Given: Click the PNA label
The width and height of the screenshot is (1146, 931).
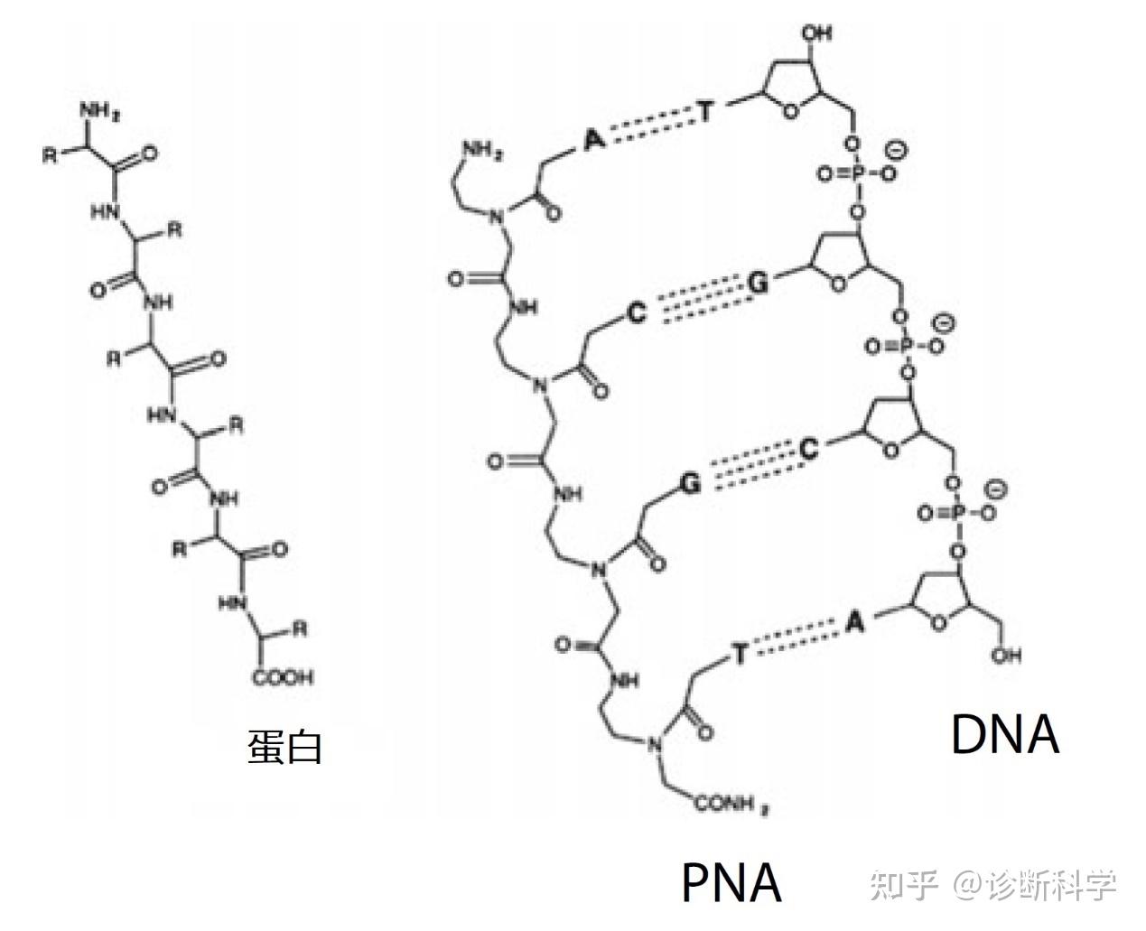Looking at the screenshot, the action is tap(731, 882).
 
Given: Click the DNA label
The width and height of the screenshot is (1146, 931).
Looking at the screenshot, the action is tap(1004, 734).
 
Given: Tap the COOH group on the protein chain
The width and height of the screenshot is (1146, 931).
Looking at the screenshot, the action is tap(283, 676).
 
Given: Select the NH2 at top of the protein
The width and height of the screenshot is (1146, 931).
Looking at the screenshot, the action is tap(100, 112).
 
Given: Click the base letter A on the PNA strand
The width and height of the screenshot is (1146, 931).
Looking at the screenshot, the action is tap(592, 139).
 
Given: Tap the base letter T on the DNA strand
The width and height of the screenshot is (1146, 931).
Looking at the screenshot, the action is tap(708, 112).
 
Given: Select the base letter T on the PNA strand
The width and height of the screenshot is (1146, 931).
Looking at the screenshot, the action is tap(739, 654).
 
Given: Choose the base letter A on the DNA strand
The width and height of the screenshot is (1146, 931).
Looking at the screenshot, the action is tap(855, 620).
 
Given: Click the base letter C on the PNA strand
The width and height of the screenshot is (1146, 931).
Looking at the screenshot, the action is tap(638, 312).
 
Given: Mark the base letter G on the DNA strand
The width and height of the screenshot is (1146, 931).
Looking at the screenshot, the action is tap(759, 284).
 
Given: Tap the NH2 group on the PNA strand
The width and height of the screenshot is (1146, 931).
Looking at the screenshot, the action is tap(483, 150).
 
